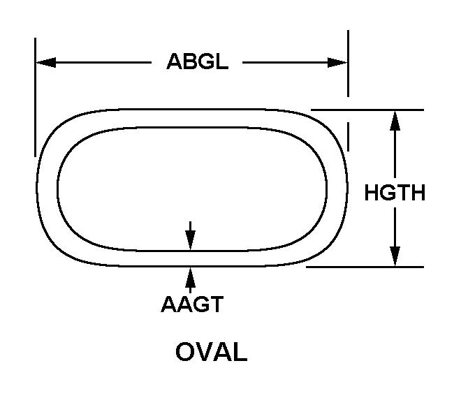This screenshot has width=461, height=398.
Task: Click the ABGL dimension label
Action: (197, 61)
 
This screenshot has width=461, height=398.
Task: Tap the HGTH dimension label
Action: (395, 193)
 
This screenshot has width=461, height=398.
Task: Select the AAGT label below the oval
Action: (192, 304)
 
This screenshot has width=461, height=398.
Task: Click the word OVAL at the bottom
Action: (212, 351)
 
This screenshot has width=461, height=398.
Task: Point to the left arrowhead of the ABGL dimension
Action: (45, 62)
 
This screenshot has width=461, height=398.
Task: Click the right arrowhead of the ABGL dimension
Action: (338, 63)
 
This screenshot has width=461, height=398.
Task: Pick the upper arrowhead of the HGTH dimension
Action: (395, 120)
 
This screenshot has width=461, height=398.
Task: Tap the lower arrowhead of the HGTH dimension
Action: (395, 257)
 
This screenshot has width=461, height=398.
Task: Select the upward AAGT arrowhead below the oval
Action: (190, 277)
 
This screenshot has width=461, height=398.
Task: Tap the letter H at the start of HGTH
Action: (372, 193)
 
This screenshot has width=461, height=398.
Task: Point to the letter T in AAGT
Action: (217, 304)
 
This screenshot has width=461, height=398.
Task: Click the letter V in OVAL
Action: (202, 351)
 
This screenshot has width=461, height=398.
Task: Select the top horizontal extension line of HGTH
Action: (367, 110)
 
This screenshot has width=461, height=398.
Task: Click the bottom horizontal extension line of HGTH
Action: (365, 267)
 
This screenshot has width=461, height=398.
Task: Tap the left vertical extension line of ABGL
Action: (36, 97)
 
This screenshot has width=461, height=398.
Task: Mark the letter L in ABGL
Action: (221, 61)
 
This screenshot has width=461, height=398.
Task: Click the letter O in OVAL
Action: (184, 351)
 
